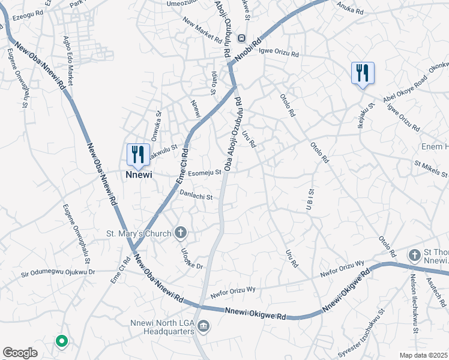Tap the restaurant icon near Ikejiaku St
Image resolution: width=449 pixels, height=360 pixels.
363,73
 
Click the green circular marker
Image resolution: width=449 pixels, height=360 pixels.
61,341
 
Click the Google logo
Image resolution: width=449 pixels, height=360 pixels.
20,353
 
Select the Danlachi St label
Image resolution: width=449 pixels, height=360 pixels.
196,195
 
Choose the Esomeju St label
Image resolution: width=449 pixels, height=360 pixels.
205,174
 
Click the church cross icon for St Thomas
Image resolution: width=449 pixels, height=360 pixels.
414,255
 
